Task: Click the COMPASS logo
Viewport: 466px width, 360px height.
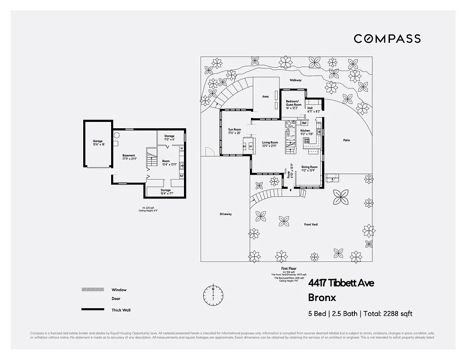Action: tap(387, 39)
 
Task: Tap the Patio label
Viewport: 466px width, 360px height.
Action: tap(346, 140)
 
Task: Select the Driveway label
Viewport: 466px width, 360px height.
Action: tap(225, 214)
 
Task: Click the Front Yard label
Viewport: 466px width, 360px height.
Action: tap(311, 224)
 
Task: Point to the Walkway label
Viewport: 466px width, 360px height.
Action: tap(296, 80)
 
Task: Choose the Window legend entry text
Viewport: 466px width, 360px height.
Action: tap(119, 290)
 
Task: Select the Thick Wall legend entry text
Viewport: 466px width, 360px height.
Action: tap(121, 310)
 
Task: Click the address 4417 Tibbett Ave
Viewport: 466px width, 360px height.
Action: tap(341, 283)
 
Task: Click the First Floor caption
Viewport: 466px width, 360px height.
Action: tap(288, 269)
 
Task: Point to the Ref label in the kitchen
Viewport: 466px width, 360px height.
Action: tap(304, 123)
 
